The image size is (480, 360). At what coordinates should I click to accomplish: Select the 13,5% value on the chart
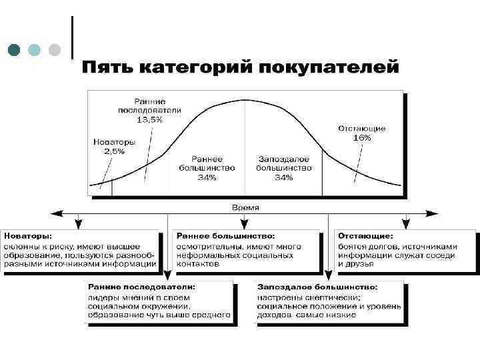pos(149,119)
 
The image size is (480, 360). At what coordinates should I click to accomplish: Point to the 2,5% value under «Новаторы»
pos(115,151)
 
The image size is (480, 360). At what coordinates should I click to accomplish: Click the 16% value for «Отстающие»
pos(362,137)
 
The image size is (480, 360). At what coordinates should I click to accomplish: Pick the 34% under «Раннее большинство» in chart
pos(207,177)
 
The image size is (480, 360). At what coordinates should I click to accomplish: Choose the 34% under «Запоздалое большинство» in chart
pos(283,177)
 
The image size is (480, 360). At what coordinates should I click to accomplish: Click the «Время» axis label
pos(245,207)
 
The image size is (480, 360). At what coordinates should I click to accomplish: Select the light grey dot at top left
pos(55,49)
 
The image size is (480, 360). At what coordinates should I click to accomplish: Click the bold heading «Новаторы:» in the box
pos(29,236)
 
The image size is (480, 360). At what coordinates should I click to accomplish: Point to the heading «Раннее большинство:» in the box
pos(225,236)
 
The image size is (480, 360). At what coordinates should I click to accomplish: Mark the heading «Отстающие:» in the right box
pos(365,236)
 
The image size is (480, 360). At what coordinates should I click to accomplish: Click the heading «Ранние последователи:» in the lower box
pos(141,287)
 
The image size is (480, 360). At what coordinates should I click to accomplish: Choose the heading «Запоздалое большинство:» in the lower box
pos(317,287)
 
